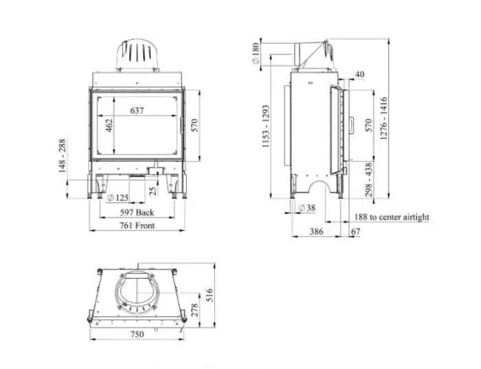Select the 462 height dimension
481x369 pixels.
click(109, 127)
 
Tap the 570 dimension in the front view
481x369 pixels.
click(195, 126)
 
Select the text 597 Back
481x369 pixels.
click(137, 213)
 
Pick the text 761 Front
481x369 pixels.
click(137, 226)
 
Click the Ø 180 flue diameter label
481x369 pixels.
click(256, 54)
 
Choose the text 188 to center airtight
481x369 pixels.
click(392, 218)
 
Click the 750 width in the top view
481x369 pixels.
click(137, 335)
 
